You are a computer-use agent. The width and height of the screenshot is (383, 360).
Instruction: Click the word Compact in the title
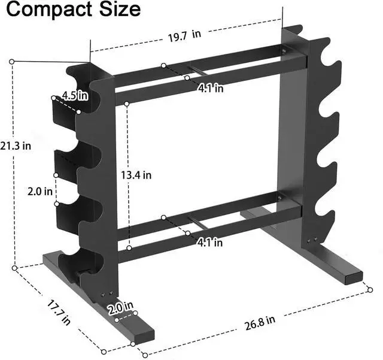pos(45,10)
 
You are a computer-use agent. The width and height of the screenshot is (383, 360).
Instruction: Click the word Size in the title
pos(117,10)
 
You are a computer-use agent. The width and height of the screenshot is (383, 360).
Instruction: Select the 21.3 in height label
pos(16,146)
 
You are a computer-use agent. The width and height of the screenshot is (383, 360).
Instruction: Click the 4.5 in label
pos(75,95)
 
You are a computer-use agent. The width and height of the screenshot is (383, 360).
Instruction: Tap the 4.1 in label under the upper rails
pos(211,88)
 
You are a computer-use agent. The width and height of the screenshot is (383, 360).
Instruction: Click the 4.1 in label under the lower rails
pos(209,243)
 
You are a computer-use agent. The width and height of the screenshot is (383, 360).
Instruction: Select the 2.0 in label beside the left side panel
pos(41,193)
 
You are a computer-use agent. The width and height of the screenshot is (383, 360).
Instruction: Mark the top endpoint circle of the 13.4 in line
pos(127,104)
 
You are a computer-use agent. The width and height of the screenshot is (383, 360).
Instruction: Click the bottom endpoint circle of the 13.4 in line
pos(128,247)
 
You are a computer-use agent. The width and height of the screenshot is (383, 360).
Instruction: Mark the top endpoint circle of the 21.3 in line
pos(12,61)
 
